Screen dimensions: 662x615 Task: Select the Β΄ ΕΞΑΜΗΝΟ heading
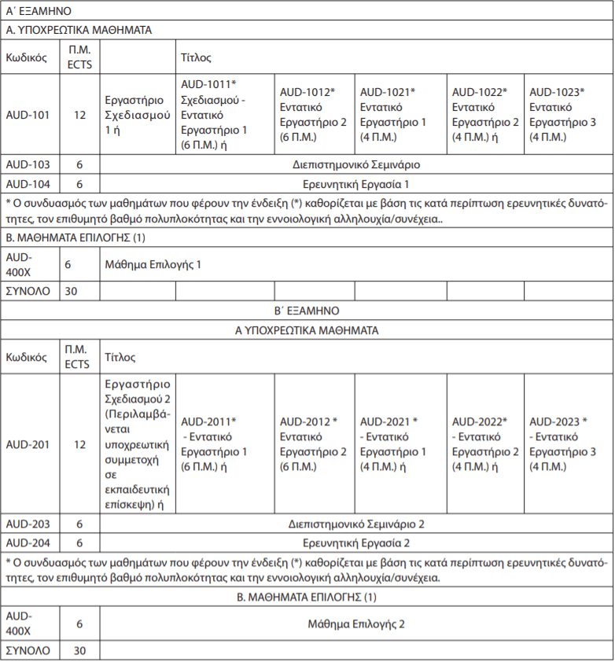click(307, 311)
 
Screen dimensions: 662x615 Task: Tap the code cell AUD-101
click(28, 115)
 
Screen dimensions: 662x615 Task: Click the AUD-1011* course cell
click(224, 115)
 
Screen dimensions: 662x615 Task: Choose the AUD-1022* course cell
click(484, 115)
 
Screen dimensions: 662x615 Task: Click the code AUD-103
click(28, 165)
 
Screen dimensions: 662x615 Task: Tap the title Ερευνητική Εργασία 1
click(356, 185)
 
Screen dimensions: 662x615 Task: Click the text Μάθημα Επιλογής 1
click(153, 265)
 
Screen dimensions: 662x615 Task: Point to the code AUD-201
click(28, 444)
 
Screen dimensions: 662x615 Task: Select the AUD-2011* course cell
click(224, 444)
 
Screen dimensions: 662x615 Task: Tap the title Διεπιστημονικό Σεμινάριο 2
click(356, 524)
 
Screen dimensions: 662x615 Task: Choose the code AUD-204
click(28, 542)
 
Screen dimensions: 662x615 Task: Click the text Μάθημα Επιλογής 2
click(356, 623)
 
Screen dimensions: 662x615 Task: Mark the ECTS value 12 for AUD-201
click(79, 444)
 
